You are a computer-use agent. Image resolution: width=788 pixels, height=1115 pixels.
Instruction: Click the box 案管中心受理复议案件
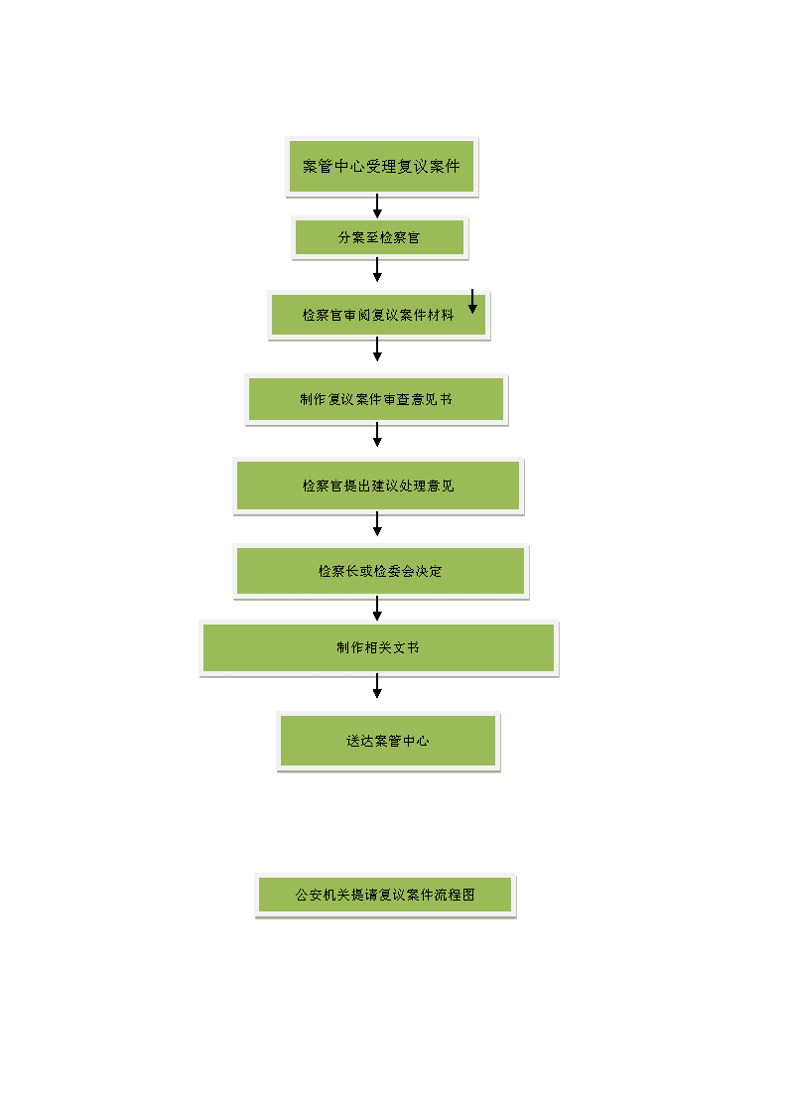pos(381,167)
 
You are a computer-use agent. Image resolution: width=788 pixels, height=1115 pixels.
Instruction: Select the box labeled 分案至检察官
pos(379,237)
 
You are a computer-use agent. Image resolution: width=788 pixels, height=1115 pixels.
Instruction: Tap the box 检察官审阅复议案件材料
pos(379,315)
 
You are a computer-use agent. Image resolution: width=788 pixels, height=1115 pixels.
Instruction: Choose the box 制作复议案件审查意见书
pos(376,400)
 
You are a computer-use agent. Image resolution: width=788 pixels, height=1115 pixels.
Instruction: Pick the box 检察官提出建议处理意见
pos(378,486)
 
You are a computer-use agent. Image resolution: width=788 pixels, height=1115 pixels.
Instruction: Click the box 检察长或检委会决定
pos(381,571)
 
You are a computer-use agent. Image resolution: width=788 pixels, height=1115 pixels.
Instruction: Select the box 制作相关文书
pos(379,647)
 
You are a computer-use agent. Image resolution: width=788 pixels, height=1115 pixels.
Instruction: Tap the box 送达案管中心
pos(388,741)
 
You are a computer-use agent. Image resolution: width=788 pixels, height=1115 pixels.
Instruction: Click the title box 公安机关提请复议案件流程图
pos(385,895)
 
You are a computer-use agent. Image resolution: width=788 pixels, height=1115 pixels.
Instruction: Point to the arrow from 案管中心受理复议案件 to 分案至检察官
pos(377,207)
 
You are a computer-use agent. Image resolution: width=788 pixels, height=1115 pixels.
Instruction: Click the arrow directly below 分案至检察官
pos(377,269)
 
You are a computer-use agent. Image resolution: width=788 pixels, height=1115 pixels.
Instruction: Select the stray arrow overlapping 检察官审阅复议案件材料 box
pos(472,301)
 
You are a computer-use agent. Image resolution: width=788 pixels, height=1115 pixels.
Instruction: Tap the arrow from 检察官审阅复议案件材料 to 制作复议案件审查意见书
pos(377,349)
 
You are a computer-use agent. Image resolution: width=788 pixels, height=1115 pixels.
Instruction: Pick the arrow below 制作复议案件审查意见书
pos(377,435)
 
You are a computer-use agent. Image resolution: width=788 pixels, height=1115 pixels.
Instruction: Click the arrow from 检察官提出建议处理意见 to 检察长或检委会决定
pos(377,523)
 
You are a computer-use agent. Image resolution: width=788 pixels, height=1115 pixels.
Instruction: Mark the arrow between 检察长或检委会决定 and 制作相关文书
pos(377,609)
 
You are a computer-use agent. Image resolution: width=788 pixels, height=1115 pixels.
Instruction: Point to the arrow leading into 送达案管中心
pos(377,686)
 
